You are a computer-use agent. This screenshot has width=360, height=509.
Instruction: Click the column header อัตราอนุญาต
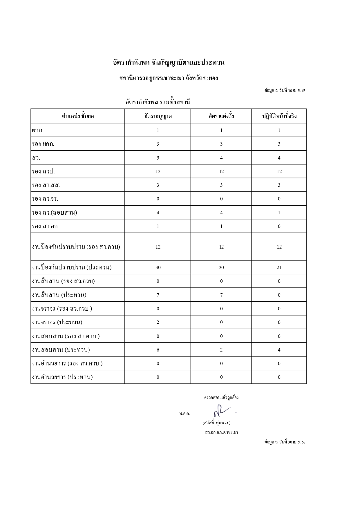[x=158, y=116]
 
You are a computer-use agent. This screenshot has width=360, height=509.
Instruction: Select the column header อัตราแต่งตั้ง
[x=221, y=116]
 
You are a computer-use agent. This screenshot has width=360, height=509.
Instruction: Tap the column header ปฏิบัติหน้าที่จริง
[x=279, y=116]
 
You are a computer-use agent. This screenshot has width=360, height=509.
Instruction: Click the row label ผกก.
[x=38, y=130]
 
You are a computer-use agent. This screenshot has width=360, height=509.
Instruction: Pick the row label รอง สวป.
[x=43, y=171]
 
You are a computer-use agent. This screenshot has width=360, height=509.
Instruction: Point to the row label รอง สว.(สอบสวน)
[x=55, y=213]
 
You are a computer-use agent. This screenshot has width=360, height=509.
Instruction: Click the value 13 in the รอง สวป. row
[x=158, y=171]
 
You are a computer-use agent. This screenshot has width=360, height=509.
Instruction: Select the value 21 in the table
[x=279, y=267]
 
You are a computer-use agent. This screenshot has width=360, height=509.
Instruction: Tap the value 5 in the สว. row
[x=158, y=158]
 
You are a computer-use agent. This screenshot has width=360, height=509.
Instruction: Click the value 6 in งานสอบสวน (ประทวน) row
[x=158, y=350]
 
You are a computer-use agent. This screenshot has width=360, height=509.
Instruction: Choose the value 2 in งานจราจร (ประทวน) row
[x=158, y=322]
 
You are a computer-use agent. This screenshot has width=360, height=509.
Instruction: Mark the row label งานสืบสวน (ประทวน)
[x=59, y=295]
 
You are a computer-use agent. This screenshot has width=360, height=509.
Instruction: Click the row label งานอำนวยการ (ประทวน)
[x=62, y=377]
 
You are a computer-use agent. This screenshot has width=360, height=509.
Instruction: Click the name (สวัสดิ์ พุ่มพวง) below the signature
[x=216, y=423]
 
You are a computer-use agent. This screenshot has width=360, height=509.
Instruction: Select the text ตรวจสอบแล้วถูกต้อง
[x=221, y=397]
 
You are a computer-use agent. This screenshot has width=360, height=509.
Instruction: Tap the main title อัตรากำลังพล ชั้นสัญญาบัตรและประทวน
[x=169, y=63]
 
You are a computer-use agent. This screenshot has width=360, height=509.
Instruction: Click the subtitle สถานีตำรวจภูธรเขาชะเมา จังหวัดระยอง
[x=169, y=78]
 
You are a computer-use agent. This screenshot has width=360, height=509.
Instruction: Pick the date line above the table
[x=285, y=90]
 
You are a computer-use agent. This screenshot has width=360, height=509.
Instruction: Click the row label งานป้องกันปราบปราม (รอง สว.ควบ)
[x=76, y=247]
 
